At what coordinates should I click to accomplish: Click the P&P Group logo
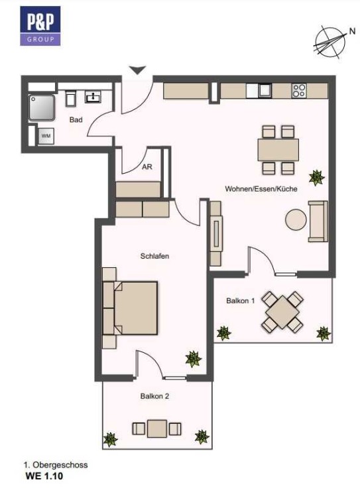point(40,26)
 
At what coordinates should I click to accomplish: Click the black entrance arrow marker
point(138,70)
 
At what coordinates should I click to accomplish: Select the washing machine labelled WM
point(46,136)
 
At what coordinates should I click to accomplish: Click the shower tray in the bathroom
point(41,107)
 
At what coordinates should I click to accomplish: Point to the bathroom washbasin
point(93,96)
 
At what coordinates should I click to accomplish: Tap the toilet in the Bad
point(71,98)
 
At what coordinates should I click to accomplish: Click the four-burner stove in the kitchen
point(299,90)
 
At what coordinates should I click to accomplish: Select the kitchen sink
point(265,91)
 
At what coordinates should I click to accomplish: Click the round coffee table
point(296,220)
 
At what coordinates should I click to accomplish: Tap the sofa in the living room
point(318,221)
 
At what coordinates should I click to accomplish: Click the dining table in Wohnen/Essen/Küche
point(278,150)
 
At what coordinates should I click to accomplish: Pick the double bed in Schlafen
point(131,308)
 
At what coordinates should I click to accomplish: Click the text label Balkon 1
point(241,300)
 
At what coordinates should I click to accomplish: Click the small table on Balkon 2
point(157,428)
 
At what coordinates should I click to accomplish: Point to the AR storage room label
point(147,167)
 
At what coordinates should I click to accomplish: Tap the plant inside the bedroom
point(194,359)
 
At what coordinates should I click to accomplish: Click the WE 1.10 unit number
point(44,476)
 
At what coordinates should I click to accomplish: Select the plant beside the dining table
point(317,178)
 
